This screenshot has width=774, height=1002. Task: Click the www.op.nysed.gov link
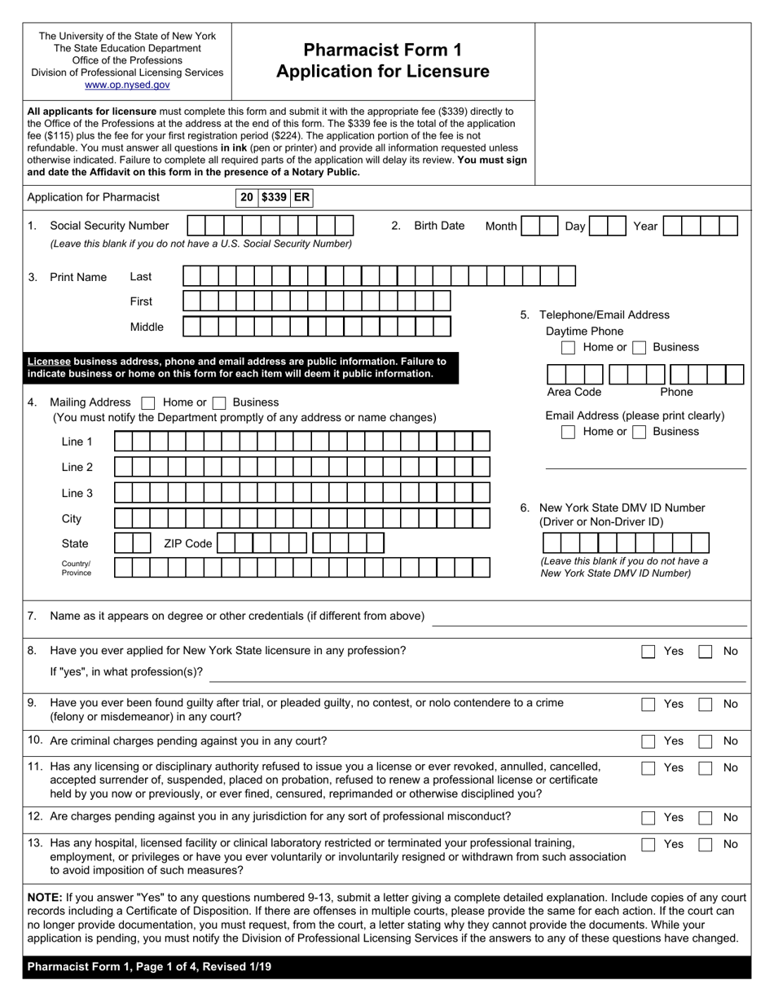coord(127,85)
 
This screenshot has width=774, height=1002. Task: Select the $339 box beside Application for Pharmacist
coord(274,197)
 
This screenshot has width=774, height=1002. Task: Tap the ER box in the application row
coord(301,197)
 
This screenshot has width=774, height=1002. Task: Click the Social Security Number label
coord(109,226)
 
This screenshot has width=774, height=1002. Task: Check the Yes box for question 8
coord(648,652)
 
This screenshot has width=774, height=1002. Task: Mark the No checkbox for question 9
coord(706,705)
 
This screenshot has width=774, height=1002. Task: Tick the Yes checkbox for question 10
coord(648,741)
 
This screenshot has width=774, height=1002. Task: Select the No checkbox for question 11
coord(706,768)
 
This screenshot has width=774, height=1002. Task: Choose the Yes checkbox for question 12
coord(648,818)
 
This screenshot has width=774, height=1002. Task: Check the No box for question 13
coord(706,845)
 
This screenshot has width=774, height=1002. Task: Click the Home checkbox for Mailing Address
coord(148,402)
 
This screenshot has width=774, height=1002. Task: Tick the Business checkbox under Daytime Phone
coord(640,348)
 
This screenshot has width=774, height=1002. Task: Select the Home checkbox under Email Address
coord(569,432)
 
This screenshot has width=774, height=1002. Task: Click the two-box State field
coord(133,543)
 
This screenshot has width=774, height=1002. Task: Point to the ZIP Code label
coord(187,543)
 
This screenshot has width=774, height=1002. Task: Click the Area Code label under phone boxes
coord(574,392)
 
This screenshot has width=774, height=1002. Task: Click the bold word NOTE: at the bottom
coord(44,898)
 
